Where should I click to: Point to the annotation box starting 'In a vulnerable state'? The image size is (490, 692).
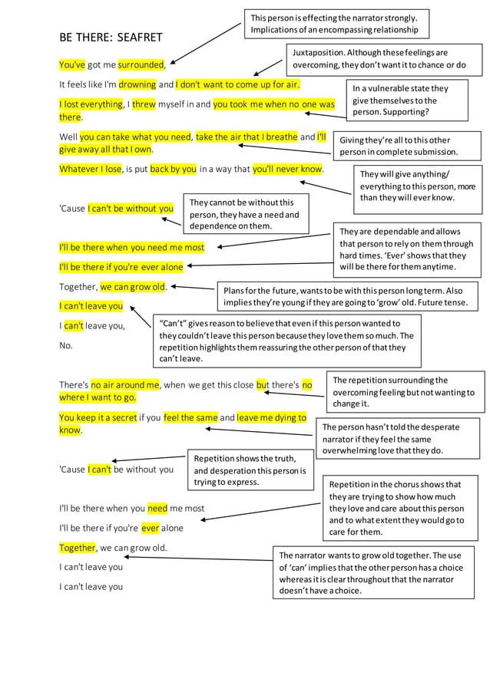tap(406, 101)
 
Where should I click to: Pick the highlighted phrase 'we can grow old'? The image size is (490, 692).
tap(134, 288)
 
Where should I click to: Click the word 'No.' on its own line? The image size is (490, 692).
tap(66, 345)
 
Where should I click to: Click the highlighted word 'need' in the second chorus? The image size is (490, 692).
tap(157, 508)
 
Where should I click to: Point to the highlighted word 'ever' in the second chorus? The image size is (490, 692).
tap(151, 528)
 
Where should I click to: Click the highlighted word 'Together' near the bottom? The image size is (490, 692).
tap(78, 548)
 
